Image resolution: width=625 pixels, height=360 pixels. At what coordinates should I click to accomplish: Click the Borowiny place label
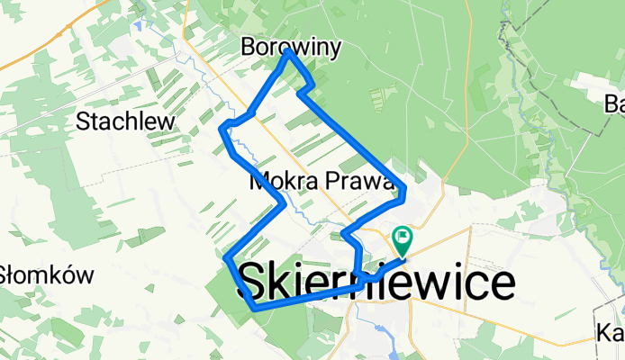(291, 47)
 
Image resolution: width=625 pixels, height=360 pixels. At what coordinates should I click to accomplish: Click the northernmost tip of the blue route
(288, 52)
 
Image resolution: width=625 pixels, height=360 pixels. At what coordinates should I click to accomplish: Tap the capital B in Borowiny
(249, 47)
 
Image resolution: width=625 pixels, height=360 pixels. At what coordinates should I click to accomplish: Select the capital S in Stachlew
(84, 121)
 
